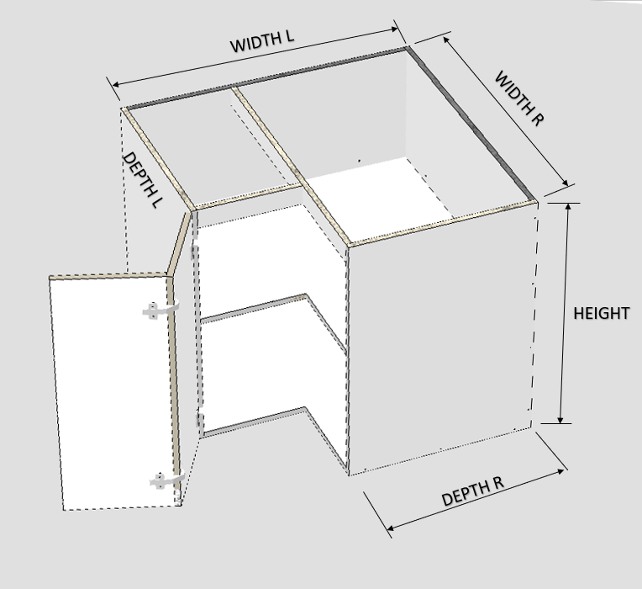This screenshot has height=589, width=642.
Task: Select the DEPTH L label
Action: tap(143, 179)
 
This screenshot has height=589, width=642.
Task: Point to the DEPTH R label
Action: tap(473, 491)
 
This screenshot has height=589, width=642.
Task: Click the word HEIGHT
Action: tap(601, 314)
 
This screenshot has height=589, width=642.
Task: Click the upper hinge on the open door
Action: tap(160, 310)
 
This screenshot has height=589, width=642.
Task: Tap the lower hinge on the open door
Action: tap(166, 480)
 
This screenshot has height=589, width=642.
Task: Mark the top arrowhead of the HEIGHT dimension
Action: tap(568, 207)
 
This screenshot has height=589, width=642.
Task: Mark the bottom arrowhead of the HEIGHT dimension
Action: tap(560, 419)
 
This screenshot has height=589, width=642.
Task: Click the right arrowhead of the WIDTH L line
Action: tap(395, 29)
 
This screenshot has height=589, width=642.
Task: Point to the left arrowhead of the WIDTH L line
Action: tap(115, 84)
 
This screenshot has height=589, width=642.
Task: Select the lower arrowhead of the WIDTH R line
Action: tap(565, 183)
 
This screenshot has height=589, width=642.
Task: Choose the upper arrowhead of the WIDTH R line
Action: tap(446, 40)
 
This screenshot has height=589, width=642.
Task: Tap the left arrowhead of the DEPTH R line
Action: tap(390, 528)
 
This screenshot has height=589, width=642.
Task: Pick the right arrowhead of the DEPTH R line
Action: tap(560, 471)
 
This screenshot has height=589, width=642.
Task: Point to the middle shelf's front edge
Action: tap(254, 308)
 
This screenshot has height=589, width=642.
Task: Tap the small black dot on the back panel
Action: tap(360, 161)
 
